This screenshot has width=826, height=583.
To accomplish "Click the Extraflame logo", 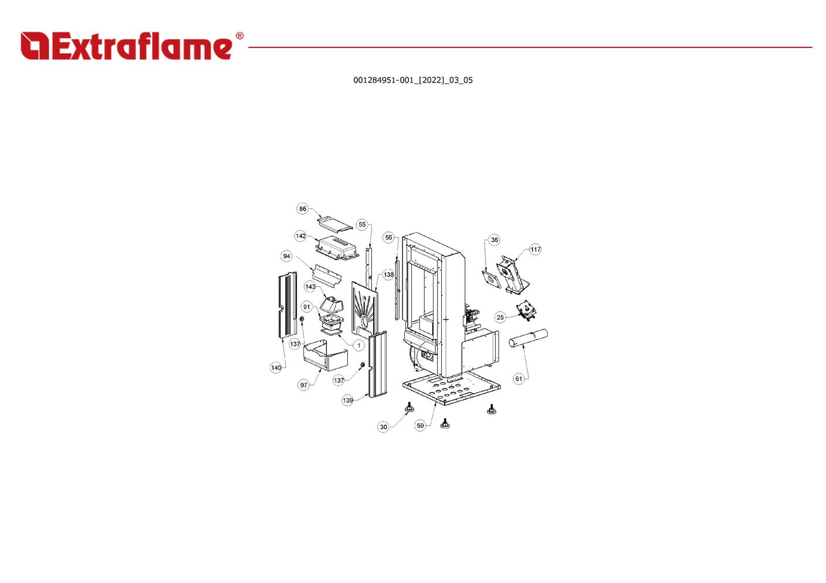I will coord(126,46).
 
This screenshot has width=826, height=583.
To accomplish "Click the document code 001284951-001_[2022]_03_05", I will coord(412,80).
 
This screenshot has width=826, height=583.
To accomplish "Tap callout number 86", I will coord(302,209).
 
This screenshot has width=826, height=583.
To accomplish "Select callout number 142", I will coord(301,236).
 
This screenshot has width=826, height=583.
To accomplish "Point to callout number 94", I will coord(286,256).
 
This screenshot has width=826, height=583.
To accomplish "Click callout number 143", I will coord(310,287).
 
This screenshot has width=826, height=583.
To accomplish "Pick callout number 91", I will coord(306,307).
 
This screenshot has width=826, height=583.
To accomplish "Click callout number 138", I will coord(388,275).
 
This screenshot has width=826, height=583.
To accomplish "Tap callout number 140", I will coord(276,368).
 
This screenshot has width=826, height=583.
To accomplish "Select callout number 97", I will coord(303,385).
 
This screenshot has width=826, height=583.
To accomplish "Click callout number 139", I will coord(347,401).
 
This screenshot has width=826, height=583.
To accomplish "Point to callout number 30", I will coord(383,427).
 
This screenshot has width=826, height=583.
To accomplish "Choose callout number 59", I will coord(420,426).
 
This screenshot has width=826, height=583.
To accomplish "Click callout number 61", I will coord(518,379).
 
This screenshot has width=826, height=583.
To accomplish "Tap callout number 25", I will coord(500,318).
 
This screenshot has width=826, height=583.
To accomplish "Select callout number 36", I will coord(494,240).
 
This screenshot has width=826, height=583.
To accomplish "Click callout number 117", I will coord(535,250).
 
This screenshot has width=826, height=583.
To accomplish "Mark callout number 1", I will coord(359,346).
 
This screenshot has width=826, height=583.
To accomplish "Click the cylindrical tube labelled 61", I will coord(528,338).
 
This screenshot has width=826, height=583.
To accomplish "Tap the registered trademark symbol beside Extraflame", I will coord(240,36).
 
